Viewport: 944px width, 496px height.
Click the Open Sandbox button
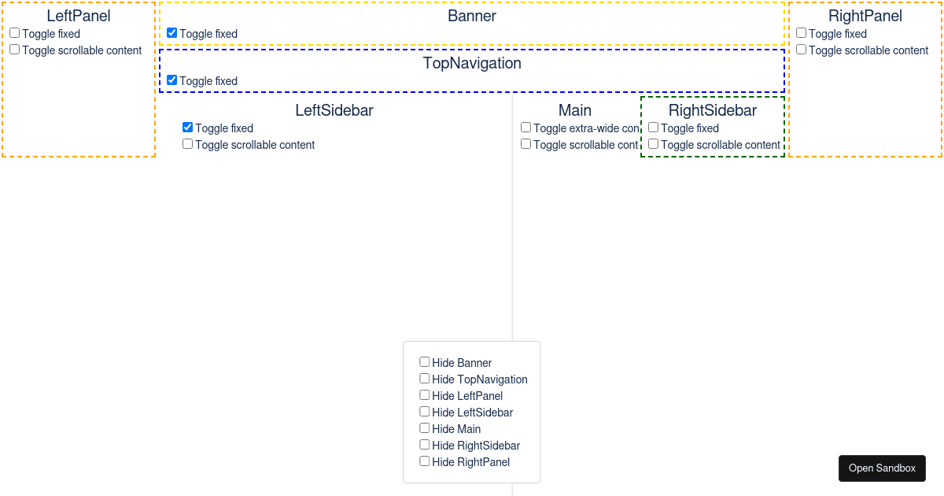coord(882,468)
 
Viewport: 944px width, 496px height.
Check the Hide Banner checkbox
coord(425,362)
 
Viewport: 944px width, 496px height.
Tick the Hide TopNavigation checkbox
coord(425,379)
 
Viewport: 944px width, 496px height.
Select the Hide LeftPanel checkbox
coord(425,395)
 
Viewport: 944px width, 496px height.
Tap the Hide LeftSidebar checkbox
coord(425,412)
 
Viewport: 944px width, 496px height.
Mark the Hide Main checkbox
coord(425,428)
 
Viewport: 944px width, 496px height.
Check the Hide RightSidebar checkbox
coord(425,445)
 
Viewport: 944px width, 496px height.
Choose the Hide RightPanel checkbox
coord(425,461)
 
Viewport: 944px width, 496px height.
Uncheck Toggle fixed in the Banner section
coord(172,33)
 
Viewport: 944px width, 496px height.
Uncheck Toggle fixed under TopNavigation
coord(172,80)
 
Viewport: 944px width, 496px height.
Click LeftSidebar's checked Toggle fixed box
coord(188,128)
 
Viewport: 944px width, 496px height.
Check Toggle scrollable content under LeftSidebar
coord(188,144)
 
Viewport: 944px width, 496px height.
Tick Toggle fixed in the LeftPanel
coord(15,33)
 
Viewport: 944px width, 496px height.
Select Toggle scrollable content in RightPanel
coord(802,50)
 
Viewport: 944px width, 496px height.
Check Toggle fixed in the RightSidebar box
coord(654,128)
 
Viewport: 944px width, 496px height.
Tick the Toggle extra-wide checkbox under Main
coord(526,128)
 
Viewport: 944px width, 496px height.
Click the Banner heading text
coord(472,16)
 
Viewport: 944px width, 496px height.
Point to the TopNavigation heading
coord(472,63)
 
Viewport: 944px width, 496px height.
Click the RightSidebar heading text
coord(712,110)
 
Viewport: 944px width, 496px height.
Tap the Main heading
coord(575,110)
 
